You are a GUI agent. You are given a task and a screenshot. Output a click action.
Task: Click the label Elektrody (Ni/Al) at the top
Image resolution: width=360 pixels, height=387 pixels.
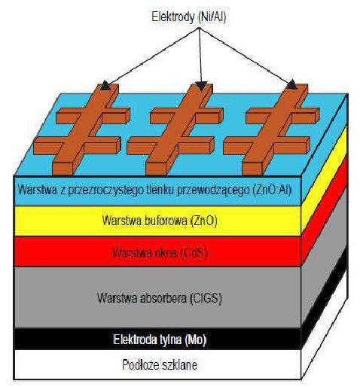pos(189,17)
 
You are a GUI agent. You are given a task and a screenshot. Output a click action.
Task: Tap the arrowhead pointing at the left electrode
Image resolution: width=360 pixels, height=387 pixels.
pos(106,85)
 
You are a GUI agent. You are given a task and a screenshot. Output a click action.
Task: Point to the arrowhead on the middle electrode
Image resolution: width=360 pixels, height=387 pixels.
pos(201,86)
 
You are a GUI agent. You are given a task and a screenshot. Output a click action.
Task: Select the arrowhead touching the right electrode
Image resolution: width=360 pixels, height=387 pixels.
pos(291,84)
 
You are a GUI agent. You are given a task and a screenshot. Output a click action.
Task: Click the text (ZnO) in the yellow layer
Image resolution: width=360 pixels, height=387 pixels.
pos(204,221)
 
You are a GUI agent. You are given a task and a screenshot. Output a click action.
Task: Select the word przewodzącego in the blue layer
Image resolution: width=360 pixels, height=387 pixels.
pos(213,190)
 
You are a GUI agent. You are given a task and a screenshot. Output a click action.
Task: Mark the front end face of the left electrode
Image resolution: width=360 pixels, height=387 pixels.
pos(63,169)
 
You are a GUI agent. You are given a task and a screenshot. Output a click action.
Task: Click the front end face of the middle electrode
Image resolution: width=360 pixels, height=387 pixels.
pos(156,169)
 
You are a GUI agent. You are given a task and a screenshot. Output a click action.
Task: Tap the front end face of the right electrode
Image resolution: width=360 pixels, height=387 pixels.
pos(252,169)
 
